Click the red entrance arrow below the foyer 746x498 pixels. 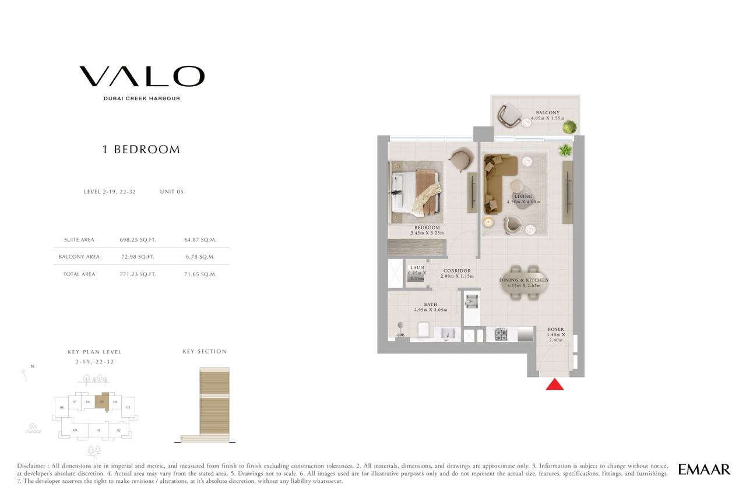[554, 384]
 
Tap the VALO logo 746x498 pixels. [142, 76]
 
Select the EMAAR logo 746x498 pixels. [704, 469]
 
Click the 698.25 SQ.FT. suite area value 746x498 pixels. [138, 239]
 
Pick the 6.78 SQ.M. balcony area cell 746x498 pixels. [200, 257]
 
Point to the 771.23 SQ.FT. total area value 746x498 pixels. [138, 274]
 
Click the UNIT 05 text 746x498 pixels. [171, 192]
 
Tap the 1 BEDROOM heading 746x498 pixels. [141, 150]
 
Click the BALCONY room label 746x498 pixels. [548, 112]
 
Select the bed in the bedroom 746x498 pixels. [416, 192]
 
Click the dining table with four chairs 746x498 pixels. [524, 282]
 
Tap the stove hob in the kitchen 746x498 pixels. [501, 334]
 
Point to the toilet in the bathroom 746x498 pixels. [424, 330]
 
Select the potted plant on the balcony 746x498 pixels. [570, 126]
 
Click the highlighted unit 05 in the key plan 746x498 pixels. [102, 402]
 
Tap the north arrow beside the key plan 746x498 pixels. [24, 376]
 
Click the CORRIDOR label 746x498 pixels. [457, 271]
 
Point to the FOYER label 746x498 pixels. [556, 329]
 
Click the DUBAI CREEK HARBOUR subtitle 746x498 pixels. [142, 98]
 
